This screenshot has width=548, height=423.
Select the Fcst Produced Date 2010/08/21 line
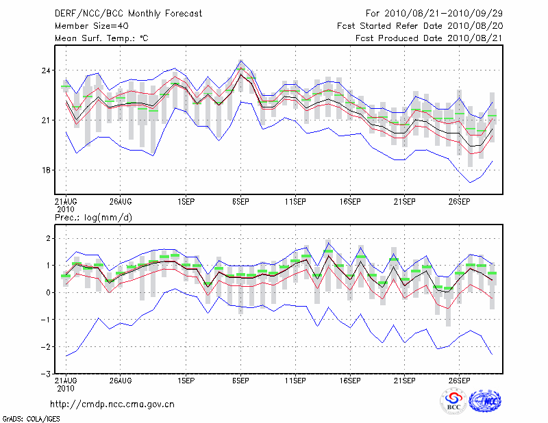pos(429,38)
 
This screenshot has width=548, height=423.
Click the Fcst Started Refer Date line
pos(420,25)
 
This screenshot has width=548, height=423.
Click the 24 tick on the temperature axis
pos(45,70)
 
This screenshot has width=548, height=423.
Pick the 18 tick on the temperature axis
pos(45,170)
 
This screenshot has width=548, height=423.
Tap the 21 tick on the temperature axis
pos(45,120)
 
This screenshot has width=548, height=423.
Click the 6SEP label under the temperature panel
pos(240,202)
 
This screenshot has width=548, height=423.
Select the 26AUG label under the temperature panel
pos(120,202)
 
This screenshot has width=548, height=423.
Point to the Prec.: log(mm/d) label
pos(92,217)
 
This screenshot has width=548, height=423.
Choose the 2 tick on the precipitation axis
pos(47,238)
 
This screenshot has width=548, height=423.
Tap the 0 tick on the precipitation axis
pos(47,292)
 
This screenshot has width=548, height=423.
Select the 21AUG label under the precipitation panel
pos(66,380)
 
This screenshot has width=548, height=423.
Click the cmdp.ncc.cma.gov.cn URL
pos(112,404)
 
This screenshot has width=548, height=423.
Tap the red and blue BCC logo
pos(453,401)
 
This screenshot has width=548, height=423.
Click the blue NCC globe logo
pos(484,401)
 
